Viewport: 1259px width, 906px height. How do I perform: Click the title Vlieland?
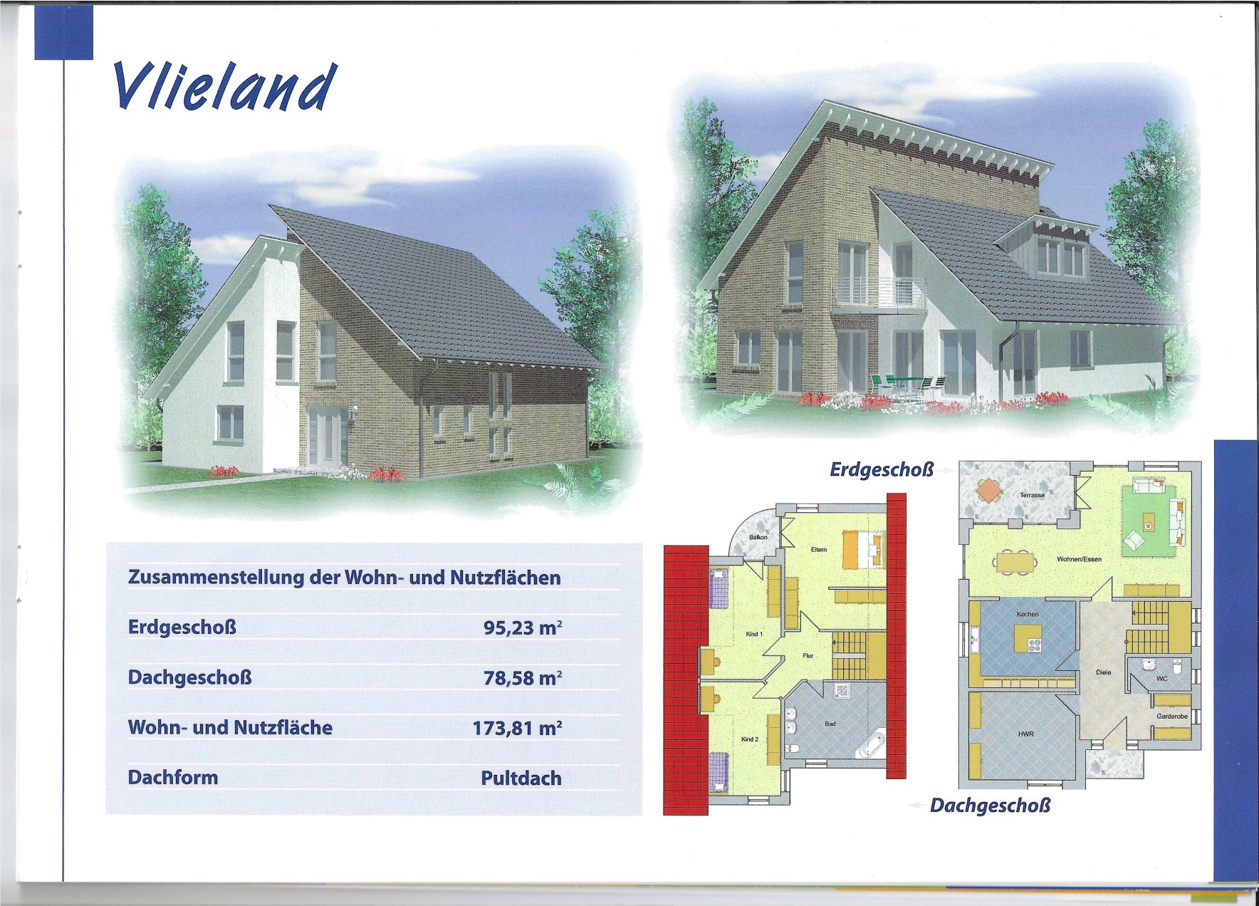point(224,86)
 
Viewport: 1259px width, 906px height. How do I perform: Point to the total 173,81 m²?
point(517,728)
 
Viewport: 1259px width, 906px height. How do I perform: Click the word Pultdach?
point(521,778)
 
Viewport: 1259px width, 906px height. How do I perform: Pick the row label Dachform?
point(173,777)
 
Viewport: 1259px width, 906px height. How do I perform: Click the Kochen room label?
point(1028,614)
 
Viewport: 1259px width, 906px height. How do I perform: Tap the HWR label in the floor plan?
point(1025,734)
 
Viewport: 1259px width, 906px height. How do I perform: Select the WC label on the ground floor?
point(1161,679)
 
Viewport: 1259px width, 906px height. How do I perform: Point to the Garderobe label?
point(1172,717)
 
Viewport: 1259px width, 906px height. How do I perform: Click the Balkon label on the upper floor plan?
point(758,537)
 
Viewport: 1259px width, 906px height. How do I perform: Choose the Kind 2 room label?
point(750,739)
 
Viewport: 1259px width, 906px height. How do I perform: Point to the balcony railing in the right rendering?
point(879,293)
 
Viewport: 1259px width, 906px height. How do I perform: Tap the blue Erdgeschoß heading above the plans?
point(882,470)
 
